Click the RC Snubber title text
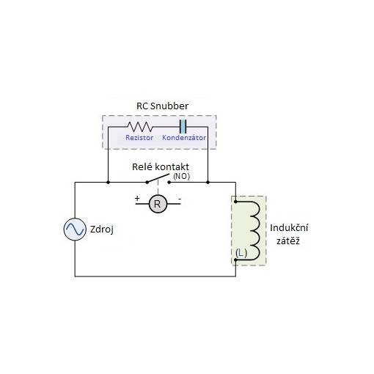tap(162, 106)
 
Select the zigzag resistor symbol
tap(140, 127)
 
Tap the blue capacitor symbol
tap(183, 126)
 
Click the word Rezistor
tap(139, 138)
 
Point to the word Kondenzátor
tap(184, 138)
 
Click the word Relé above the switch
tap(142, 167)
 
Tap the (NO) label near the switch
tap(181, 176)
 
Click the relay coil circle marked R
tap(158, 204)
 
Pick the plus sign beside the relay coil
tap(137, 198)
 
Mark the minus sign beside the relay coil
tap(180, 199)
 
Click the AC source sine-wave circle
tap(75, 230)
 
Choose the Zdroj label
tap(102, 230)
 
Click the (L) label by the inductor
tap(241, 253)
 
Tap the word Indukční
tap(289, 228)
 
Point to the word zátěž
tap(288, 241)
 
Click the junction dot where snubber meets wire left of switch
tap(108, 183)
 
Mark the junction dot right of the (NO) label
tap(208, 183)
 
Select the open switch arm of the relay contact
tap(158, 178)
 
